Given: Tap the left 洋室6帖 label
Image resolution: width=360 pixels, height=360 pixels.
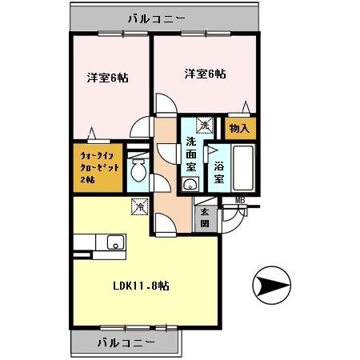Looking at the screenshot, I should [108, 78].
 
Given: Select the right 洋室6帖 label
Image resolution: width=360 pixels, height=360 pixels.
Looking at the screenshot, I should [205, 74].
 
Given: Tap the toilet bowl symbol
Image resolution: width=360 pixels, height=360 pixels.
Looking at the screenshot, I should [138, 170].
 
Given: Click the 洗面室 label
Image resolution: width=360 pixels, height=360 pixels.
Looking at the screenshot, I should [191, 154].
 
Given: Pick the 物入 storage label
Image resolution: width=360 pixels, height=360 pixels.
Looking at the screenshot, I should [239, 128].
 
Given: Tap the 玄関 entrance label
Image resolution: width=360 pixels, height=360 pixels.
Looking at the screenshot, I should [205, 217].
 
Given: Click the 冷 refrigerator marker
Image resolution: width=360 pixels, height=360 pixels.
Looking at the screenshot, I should [139, 206].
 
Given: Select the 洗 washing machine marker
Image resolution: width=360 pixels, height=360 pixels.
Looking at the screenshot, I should [205, 125].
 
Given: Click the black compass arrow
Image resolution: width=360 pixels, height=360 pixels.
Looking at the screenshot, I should [271, 285].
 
